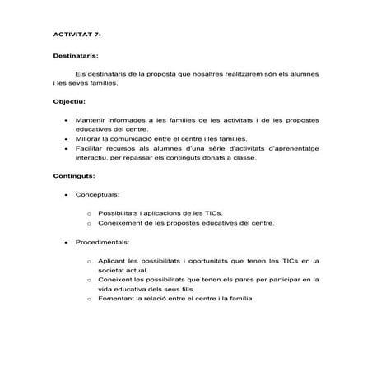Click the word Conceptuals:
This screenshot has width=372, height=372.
98,195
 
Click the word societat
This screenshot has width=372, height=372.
114,270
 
